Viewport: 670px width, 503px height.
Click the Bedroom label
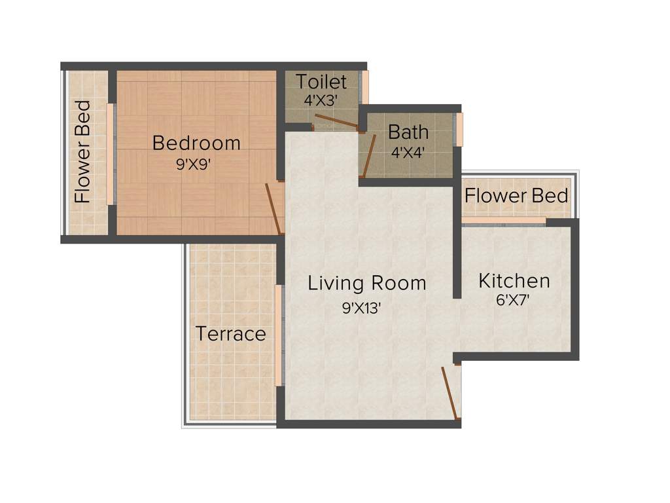coord(196,143)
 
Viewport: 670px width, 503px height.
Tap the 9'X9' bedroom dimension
coord(194,165)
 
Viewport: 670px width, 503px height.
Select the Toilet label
coord(321,83)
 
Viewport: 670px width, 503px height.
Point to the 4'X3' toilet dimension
coord(321,101)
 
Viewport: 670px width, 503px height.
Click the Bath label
coord(408,132)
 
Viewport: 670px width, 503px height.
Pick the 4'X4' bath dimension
coord(408,151)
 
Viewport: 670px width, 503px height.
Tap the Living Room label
coord(366,284)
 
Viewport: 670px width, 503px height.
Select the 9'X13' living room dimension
coord(361,308)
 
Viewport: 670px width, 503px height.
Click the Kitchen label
coord(514,281)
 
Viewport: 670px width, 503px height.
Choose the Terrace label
coord(231,334)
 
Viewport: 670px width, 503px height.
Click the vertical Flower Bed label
coord(83,152)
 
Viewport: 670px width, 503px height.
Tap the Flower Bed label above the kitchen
coord(516,195)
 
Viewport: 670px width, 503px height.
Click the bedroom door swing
coord(274,209)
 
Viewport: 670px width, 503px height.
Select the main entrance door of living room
coord(450,392)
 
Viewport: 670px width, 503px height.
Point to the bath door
coord(369,156)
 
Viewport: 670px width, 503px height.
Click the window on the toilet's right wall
coord(365,87)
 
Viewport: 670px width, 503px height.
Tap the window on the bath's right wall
coord(459,130)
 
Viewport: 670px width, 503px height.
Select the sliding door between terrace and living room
coord(279,335)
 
